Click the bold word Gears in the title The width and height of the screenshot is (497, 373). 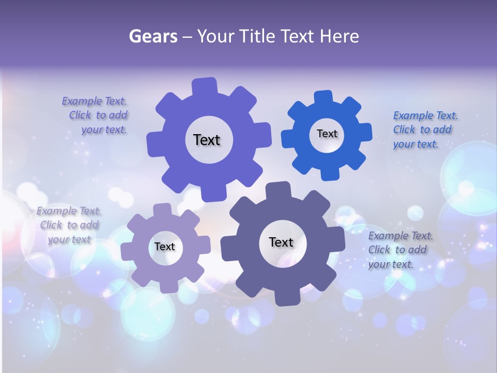point(153,36)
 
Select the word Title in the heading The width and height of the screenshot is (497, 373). point(260,36)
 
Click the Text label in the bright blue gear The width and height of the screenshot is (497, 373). point(327,134)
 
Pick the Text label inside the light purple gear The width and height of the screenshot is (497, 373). point(165,247)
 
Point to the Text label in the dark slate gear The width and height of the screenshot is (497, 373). point(281,242)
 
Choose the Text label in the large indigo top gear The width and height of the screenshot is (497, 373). point(207,140)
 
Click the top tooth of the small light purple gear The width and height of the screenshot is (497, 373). point(162,209)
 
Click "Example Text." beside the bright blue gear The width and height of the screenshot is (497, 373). point(425,116)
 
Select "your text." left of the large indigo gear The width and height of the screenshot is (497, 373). point(104,130)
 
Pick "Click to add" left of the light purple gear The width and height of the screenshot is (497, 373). point(69,225)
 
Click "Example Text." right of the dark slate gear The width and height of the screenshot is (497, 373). point(401,236)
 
